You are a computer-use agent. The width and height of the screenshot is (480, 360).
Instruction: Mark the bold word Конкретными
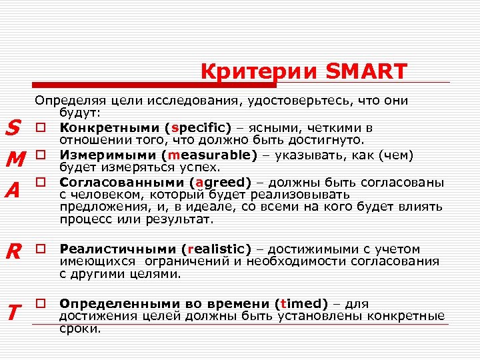pos(108,127)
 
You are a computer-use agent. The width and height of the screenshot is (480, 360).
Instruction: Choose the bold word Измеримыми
pos(102,155)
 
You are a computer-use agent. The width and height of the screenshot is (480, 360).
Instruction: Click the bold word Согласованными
pos(120,182)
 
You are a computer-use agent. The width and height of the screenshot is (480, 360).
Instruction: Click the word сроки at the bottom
pos(80,329)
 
